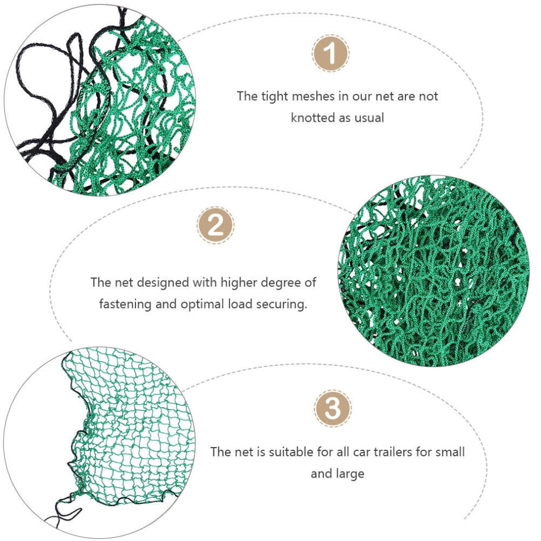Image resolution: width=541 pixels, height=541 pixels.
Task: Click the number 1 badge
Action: (x=331, y=54)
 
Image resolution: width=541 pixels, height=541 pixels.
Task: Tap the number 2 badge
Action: (x=215, y=225)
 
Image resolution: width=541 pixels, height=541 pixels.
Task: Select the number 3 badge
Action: (x=333, y=408)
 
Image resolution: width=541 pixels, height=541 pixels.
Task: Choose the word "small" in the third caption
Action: (x=450, y=452)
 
